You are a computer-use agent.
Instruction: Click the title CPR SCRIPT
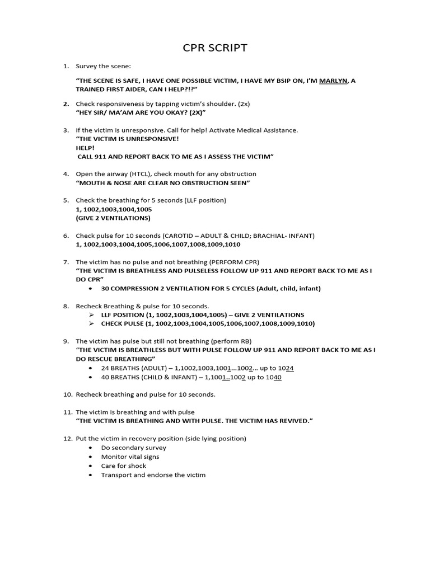(215, 48)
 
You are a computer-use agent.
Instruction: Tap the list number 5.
(66, 200)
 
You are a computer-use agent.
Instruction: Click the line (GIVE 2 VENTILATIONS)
(113, 218)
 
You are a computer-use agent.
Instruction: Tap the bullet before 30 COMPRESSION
(91, 289)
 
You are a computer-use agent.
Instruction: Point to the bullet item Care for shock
(123, 466)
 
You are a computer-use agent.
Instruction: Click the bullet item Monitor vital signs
(130, 457)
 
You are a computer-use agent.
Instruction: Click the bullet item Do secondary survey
(133, 448)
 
